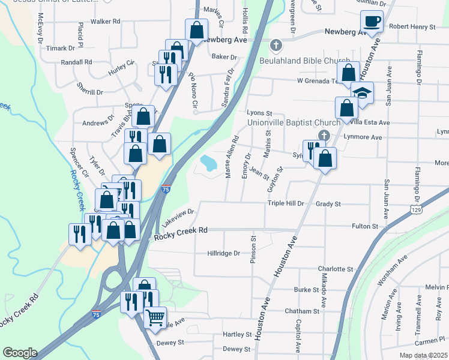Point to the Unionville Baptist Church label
[x=294, y=122]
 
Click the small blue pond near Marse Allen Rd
[x=208, y=163]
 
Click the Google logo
[x=20, y=353]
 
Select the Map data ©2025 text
[x=423, y=355]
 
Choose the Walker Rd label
[x=106, y=21]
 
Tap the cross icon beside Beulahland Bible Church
[x=276, y=45]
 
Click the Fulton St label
[x=366, y=227]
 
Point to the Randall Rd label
[x=76, y=62]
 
